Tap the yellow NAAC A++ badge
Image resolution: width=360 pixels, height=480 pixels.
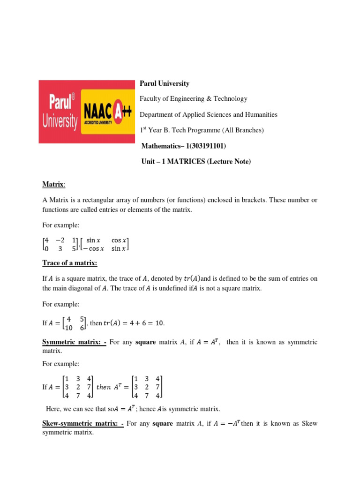(x=107, y=112)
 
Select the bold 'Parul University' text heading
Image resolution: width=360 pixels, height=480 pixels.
(x=165, y=83)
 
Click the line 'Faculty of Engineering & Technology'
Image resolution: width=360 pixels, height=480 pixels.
(x=193, y=99)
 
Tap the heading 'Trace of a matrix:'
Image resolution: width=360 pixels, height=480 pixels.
(x=69, y=263)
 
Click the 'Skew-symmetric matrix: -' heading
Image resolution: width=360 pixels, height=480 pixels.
(x=82, y=424)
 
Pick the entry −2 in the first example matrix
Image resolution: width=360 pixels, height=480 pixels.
(x=60, y=240)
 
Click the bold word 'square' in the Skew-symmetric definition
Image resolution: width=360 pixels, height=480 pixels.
(x=163, y=424)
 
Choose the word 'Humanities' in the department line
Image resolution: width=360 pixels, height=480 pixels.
(x=262, y=114)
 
